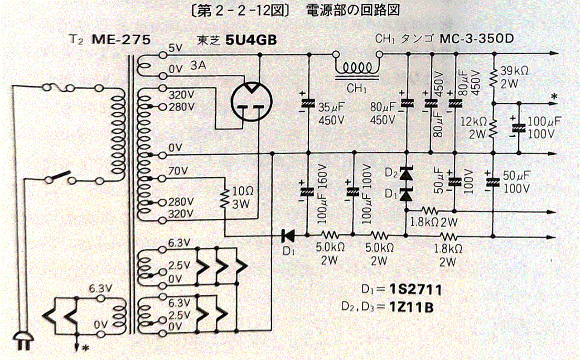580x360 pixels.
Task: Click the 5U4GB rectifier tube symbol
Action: pyautogui.click(x=251, y=101)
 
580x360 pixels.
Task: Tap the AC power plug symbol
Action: pyautogui.click(x=23, y=341)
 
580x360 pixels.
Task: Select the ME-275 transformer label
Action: pyautogui.click(x=121, y=40)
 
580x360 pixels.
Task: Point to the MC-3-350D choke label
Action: pyautogui.click(x=477, y=38)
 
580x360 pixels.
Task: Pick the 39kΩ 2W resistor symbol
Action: pyautogui.click(x=493, y=77)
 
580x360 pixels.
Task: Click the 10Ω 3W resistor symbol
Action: pyautogui.click(x=225, y=198)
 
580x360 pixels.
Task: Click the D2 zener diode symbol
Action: pyautogui.click(x=406, y=173)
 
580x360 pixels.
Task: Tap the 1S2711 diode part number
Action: pyautogui.click(x=416, y=290)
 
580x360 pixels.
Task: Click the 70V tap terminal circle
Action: pyautogui.click(x=162, y=178)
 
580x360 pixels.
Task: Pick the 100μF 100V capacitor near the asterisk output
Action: pyautogui.click(x=519, y=128)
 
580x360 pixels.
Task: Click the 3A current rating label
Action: pyautogui.click(x=198, y=66)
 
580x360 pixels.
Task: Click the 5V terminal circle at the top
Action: pyautogui.click(x=163, y=55)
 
